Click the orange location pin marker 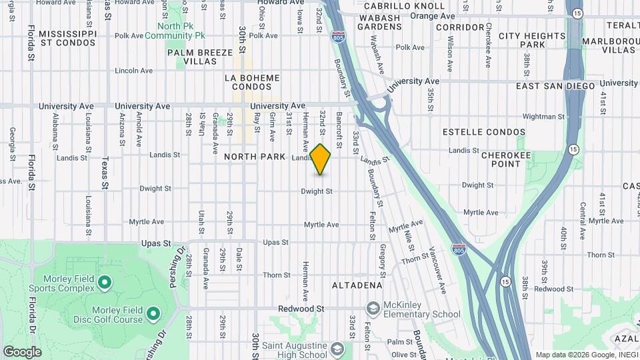tap(321, 159)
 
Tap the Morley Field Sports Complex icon tap(104, 283)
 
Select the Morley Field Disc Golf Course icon tap(153, 313)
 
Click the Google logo tap(22, 352)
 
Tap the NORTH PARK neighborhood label tap(254, 157)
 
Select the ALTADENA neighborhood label tap(357, 285)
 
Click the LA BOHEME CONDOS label tap(252, 83)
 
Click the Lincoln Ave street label tap(134, 71)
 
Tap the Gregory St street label tap(383, 261)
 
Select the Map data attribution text tap(586, 355)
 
